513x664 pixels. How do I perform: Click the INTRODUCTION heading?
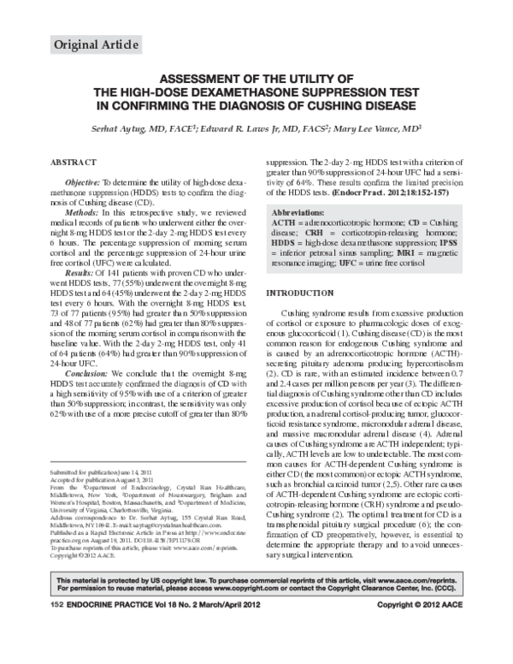click(300, 293)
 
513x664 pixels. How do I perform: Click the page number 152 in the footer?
click(57, 653)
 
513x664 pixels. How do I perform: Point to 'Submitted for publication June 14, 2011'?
click(102, 473)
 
